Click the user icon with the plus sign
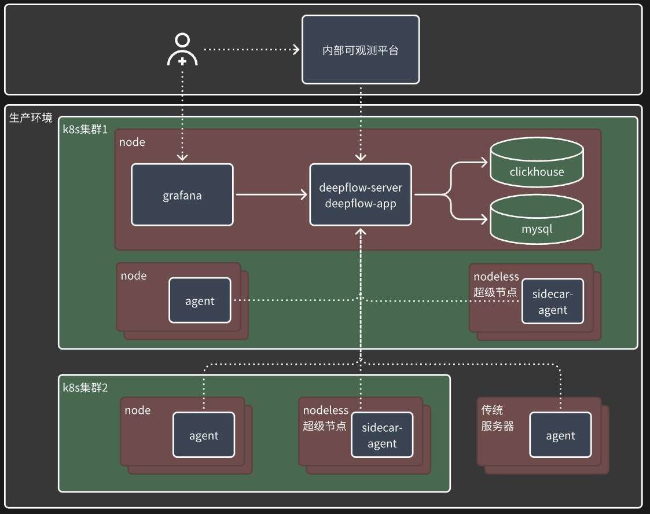[x=182, y=50]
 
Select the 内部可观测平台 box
[x=361, y=50]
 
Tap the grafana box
[x=182, y=194]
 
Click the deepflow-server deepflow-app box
[x=361, y=194]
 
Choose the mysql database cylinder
[x=537, y=219]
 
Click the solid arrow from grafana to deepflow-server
[x=271, y=194]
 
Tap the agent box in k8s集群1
[x=200, y=300]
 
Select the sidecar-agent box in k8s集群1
[x=552, y=301]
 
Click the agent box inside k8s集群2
[x=204, y=435]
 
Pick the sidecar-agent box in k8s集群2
[x=382, y=435]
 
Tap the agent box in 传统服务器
[x=560, y=435]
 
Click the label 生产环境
[x=31, y=118]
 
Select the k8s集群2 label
[x=85, y=387]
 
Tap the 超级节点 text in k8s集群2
[x=324, y=426]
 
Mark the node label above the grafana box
[x=132, y=142]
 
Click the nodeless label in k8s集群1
[x=496, y=277]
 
